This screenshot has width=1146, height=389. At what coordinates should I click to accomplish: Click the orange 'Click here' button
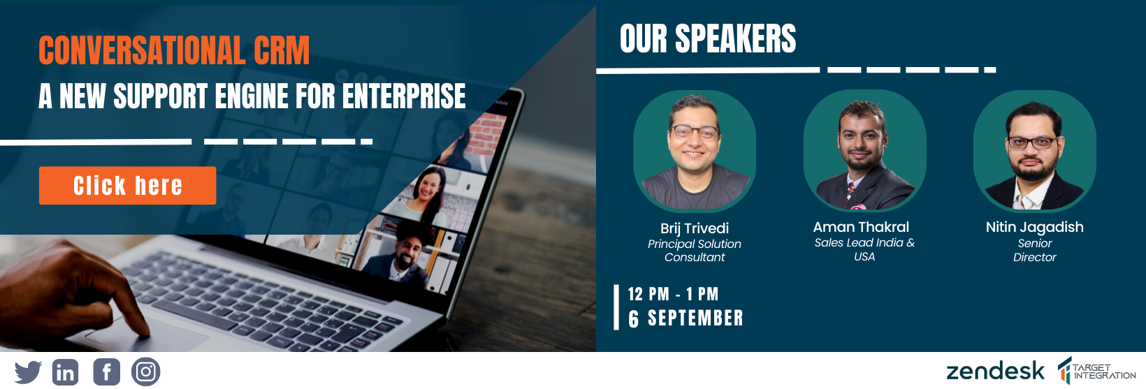127,186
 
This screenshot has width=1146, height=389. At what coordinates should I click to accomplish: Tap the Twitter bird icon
28,372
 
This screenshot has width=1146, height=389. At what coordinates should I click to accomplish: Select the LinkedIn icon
66,372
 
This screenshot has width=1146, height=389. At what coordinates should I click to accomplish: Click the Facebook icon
106,372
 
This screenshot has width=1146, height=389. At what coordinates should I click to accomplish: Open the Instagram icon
146,372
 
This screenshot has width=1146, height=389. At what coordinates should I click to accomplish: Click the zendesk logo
995,371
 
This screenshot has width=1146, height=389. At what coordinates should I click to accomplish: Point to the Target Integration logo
1096,371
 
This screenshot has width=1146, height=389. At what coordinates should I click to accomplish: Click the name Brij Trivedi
695,228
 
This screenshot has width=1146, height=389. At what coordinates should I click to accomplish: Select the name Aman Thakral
861,227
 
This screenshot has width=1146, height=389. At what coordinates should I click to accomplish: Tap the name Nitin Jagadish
1034,228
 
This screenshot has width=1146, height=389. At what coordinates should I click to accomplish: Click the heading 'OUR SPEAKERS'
708,39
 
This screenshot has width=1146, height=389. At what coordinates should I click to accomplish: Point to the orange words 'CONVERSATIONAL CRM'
174,50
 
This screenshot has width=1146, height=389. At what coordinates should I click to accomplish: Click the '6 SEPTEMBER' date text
686,318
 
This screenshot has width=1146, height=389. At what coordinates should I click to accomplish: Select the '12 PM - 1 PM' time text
674,294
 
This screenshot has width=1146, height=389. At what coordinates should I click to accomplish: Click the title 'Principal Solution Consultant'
695,251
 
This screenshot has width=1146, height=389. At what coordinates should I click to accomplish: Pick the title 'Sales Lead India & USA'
864,249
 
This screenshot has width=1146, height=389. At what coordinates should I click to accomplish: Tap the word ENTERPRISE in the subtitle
404,96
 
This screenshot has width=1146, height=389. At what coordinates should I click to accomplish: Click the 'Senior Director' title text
1034,250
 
